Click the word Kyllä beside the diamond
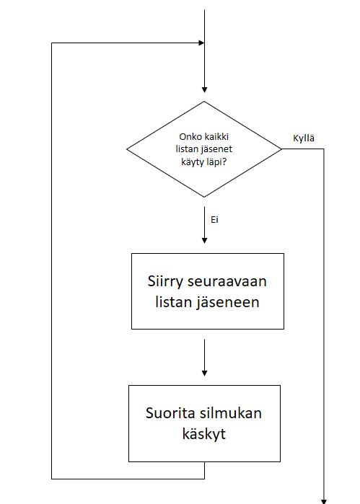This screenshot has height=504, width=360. (304, 138)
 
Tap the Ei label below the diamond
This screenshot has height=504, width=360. (214, 220)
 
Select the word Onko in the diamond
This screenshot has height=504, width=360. (188, 137)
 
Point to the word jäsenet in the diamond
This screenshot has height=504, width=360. (217, 149)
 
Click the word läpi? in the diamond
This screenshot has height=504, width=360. (216, 162)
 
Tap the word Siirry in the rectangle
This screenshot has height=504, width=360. (166, 282)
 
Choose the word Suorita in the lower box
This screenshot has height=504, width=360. (170, 413)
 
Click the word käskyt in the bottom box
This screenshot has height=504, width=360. (204, 434)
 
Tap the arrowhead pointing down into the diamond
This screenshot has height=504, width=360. (204, 90)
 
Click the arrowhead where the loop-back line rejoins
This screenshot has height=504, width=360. (201, 43)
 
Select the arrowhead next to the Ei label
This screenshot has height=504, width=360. (204, 240)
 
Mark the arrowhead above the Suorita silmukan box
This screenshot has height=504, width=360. (204, 373)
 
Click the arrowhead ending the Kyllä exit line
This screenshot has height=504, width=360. (324, 501)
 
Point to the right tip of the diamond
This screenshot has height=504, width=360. (281, 149)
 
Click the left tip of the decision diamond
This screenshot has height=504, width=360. (127, 149)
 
